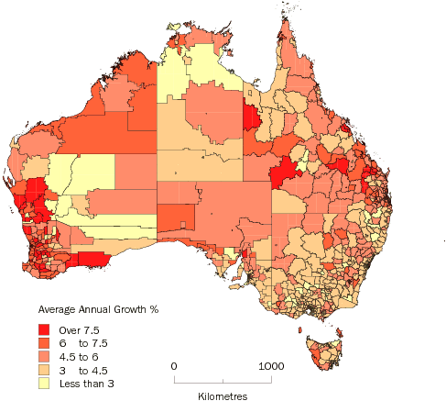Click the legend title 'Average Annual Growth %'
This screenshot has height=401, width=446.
coord(95,308)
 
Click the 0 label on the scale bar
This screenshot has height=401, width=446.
coord(175,366)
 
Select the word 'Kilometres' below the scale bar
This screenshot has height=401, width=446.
coord(223,395)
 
